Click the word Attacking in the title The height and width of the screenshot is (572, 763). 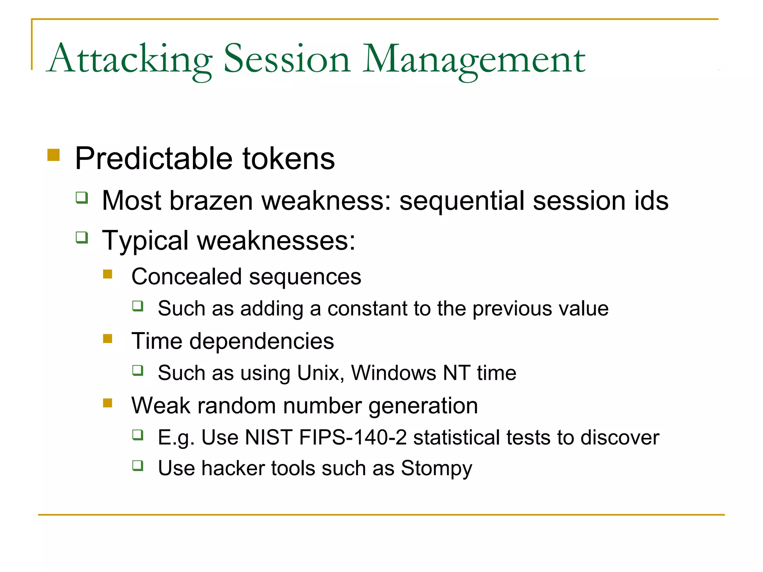(130, 60)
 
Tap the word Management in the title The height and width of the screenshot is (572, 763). (474, 60)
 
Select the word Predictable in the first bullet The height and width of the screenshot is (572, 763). (154, 159)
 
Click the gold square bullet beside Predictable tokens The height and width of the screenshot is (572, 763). (54, 155)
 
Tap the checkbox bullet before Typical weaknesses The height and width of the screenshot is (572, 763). (82, 237)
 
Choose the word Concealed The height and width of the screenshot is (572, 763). (187, 277)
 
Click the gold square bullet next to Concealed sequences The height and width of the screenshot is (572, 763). (108, 274)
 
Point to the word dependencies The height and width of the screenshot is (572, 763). (262, 341)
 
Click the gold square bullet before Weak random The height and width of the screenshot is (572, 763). (108, 403)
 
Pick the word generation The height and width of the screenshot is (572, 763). (423, 406)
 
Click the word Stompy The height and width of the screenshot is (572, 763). (436, 468)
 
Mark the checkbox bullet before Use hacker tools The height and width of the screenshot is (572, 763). (138, 465)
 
